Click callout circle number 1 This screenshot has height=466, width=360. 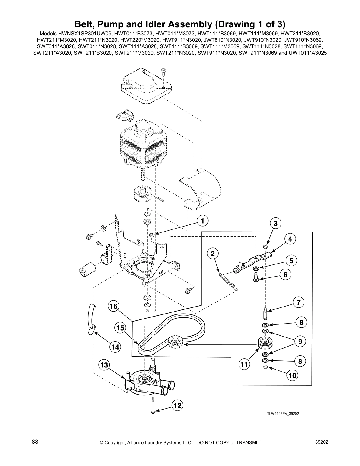coord(202,220)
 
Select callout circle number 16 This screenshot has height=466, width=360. coord(114,307)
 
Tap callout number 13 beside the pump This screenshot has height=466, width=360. coord(104,365)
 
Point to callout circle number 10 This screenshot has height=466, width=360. coord(293,375)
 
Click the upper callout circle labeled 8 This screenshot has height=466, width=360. coord(301,323)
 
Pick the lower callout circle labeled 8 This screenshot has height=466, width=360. coord(300,361)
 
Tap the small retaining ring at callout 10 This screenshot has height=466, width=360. coord(265,367)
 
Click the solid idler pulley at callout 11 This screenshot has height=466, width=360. coord(265,343)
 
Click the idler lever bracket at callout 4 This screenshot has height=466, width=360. coord(251,261)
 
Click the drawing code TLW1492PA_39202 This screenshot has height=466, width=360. coord(283,413)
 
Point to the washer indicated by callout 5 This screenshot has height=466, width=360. coord(256,269)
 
